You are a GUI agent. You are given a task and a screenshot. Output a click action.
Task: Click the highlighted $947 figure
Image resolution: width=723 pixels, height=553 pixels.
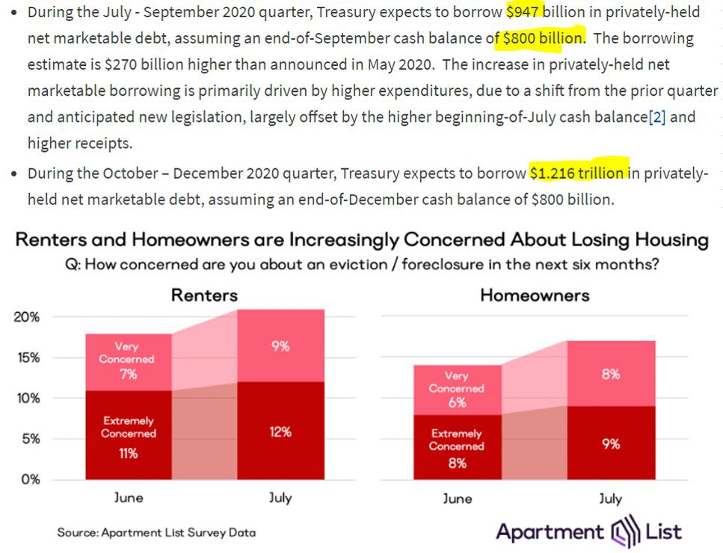pyautogui.click(x=524, y=13)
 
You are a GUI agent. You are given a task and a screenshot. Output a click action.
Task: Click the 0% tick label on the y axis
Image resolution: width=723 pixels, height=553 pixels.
pyautogui.click(x=30, y=479)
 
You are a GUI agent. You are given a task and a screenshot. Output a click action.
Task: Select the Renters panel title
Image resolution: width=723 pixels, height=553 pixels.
pyautogui.click(x=204, y=295)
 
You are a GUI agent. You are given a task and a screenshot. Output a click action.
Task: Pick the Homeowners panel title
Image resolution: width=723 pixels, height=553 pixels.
pyautogui.click(x=535, y=295)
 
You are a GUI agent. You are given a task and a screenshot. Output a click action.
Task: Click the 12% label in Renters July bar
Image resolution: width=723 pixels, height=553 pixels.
pyautogui.click(x=280, y=432)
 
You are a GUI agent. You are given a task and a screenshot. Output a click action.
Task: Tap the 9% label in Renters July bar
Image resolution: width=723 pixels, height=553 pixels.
pyautogui.click(x=280, y=346)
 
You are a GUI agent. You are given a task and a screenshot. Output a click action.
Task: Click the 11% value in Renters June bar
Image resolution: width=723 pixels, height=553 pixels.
pyautogui.click(x=128, y=453)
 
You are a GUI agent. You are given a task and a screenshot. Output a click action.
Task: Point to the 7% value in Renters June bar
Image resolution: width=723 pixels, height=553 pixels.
pyautogui.click(x=128, y=373)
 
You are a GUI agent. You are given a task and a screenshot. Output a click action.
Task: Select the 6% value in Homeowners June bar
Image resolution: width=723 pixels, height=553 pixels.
pyautogui.click(x=457, y=402)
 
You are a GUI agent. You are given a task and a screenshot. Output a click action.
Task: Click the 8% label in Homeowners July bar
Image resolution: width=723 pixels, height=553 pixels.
pyautogui.click(x=611, y=374)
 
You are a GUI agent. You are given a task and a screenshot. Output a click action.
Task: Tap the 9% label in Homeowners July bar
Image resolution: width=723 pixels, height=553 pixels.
pyautogui.click(x=611, y=444)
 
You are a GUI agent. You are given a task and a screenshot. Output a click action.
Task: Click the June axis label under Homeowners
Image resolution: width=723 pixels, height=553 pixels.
pyautogui.click(x=457, y=498)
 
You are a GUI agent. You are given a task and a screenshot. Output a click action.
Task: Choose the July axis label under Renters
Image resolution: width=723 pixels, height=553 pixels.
pyautogui.click(x=280, y=498)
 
